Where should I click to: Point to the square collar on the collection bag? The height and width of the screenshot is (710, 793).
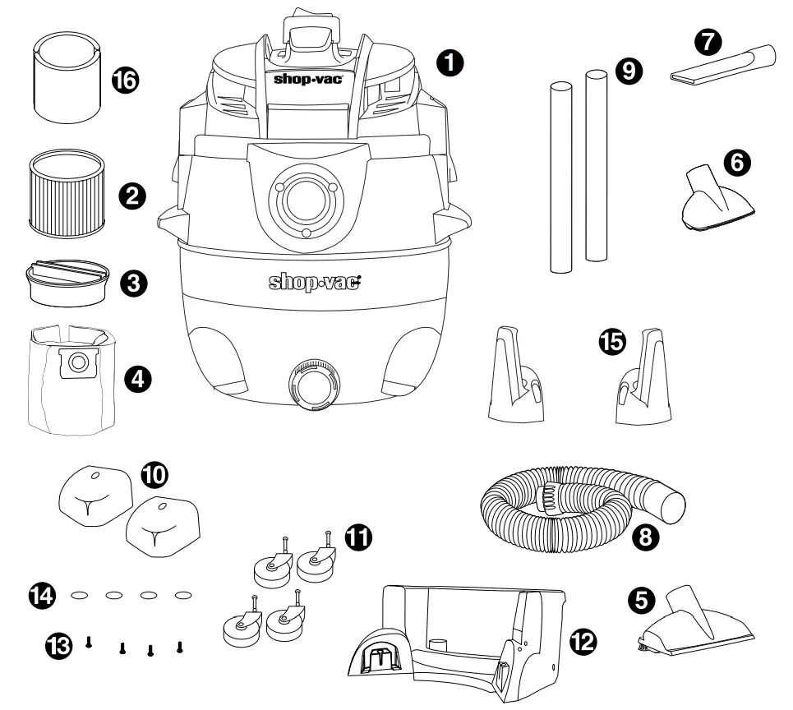coord(80,362)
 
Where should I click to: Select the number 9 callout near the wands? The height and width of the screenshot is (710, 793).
coord(629,71)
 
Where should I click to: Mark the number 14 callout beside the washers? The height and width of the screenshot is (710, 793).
coord(43,593)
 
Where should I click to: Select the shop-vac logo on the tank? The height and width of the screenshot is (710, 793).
coord(316,282)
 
